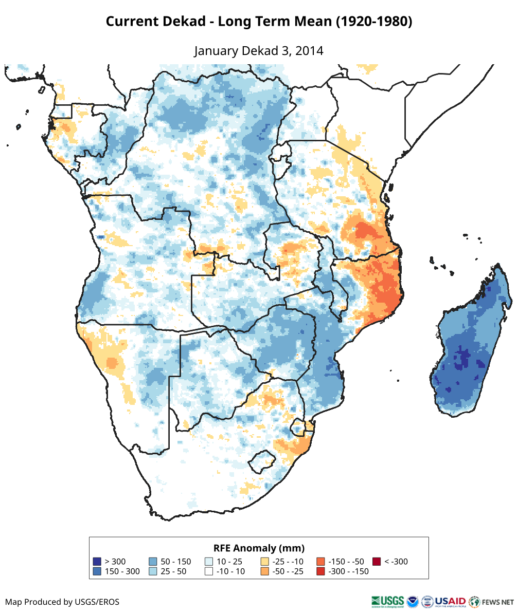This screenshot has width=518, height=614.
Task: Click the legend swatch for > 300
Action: [x=97, y=562]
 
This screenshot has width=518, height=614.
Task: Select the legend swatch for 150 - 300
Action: [x=97, y=571]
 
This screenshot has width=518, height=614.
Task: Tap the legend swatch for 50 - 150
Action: [x=153, y=562]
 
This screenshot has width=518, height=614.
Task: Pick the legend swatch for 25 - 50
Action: [x=153, y=571]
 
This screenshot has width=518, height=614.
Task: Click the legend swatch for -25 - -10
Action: [x=264, y=562]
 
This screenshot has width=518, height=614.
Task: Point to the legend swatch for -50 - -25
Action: [x=264, y=571]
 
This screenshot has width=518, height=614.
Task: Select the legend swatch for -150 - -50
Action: [x=320, y=562]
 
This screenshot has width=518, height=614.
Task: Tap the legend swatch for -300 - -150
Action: [x=320, y=571]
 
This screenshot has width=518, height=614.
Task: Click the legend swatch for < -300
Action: [x=376, y=562]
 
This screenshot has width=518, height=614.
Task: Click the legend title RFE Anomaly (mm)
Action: [x=259, y=548]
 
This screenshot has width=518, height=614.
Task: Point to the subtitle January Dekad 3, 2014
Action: [x=259, y=51]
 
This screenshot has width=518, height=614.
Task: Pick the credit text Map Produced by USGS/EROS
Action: [x=62, y=602]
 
